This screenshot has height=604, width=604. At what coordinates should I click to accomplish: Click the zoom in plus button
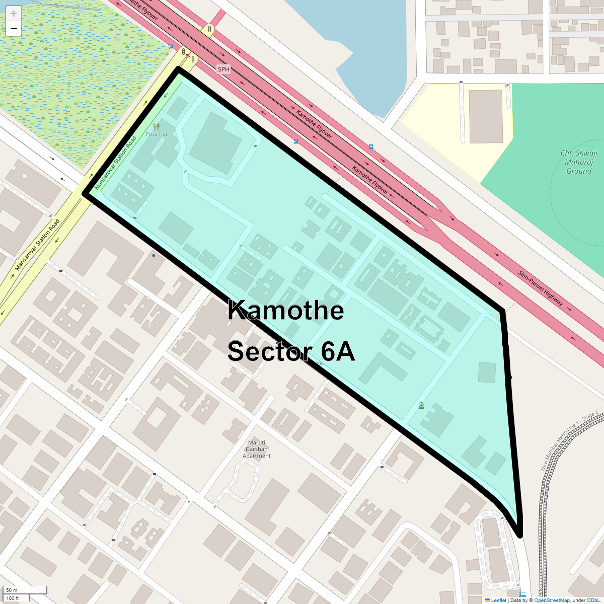[x=14, y=14]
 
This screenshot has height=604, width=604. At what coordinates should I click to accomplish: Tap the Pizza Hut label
[x=157, y=134]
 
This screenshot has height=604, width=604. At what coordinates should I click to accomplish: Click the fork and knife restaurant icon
[x=157, y=127]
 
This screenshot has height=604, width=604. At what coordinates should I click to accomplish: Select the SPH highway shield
[x=223, y=69]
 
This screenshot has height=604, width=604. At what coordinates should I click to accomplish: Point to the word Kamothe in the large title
[x=285, y=310]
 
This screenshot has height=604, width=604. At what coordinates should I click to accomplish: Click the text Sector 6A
[x=291, y=351]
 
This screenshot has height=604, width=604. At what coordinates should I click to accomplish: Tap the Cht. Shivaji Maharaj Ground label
[x=579, y=162]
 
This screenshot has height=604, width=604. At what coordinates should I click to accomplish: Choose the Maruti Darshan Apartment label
[x=257, y=449]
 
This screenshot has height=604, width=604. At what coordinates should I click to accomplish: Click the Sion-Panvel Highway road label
[x=541, y=288]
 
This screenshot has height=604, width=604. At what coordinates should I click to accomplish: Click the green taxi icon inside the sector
[x=421, y=406]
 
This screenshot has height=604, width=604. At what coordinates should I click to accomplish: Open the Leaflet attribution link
[x=498, y=600]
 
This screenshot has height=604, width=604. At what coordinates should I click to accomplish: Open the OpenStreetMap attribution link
[x=552, y=600]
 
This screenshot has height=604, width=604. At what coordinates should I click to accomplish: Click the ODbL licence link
[x=593, y=600]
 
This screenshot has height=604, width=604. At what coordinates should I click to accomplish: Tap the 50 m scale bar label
[x=12, y=590]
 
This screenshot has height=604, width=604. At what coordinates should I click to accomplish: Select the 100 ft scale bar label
[x=13, y=598]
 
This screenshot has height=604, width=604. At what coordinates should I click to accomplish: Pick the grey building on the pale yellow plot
[x=486, y=116]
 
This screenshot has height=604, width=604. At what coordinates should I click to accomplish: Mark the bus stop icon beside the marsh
[x=171, y=46]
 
